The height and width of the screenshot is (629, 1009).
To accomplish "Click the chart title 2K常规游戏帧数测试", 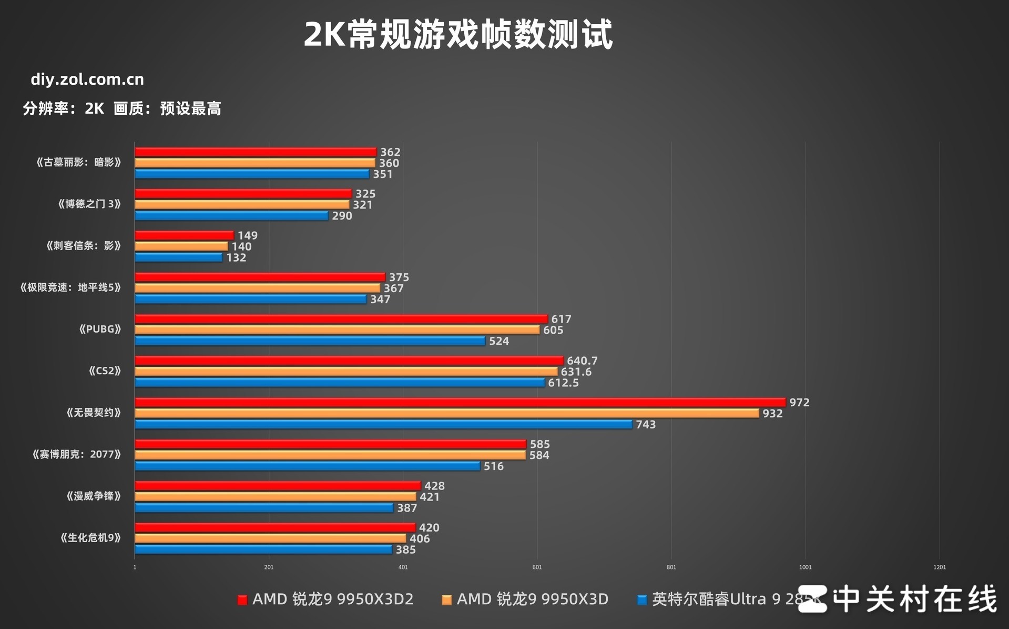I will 458,35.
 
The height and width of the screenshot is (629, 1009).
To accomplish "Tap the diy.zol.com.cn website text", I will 87,79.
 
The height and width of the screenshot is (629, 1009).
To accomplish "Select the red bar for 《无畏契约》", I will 460,402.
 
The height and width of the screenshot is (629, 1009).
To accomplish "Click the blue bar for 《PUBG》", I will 310,341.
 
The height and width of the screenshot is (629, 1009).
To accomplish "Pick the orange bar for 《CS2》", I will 346,372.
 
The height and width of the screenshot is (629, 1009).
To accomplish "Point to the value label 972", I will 799,403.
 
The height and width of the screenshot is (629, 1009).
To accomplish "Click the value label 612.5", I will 563,383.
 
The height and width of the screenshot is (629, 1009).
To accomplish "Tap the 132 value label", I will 236,258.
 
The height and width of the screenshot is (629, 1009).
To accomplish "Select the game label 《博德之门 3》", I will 89,204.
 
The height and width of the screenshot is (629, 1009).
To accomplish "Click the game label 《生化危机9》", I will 90,538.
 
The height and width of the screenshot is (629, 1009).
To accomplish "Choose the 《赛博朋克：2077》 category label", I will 77,454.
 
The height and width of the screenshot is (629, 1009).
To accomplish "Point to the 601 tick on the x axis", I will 537,567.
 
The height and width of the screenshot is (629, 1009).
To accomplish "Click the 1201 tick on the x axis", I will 939,567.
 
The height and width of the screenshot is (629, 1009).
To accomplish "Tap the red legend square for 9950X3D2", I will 242,600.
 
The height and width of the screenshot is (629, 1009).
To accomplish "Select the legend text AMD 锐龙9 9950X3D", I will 532,600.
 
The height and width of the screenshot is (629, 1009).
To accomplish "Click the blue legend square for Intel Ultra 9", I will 641,600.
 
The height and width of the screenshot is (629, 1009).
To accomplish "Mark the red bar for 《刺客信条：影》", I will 184,235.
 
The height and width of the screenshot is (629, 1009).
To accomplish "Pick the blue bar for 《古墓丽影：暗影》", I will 252,174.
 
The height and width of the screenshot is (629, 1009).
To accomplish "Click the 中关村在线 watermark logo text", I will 915,599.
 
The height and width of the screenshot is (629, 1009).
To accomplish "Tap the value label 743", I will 646,425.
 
